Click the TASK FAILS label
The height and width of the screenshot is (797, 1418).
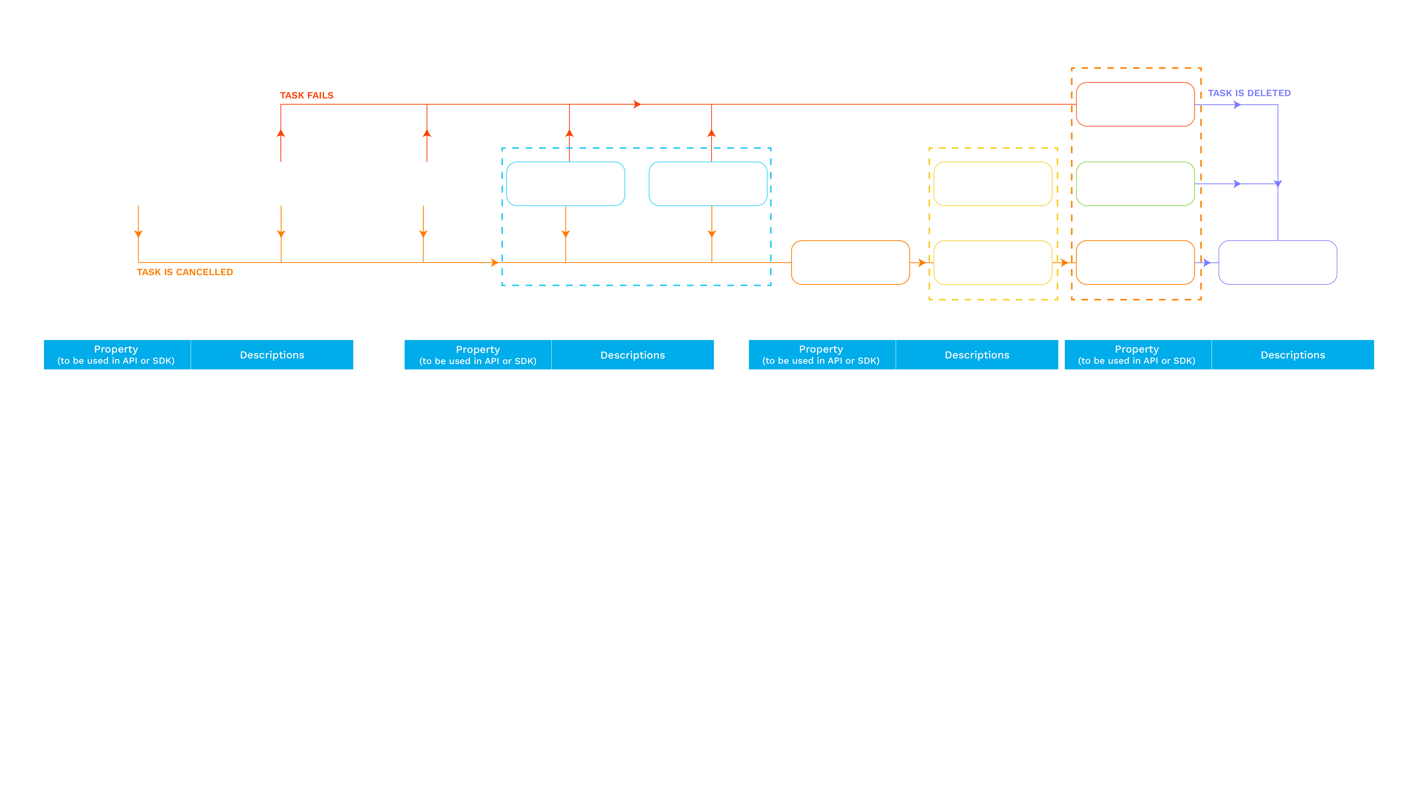point(307,95)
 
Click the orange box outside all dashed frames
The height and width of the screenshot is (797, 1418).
point(850,262)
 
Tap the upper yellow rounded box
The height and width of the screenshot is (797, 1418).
point(992,184)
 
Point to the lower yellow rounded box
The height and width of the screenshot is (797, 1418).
point(992,262)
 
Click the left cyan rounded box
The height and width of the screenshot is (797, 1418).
point(565,184)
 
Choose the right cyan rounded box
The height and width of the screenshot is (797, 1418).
point(708,184)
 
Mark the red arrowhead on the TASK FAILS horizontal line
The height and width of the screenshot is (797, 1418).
point(637,104)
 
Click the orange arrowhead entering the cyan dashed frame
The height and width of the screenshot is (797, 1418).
point(494,262)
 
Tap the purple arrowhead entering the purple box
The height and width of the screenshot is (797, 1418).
point(1207,262)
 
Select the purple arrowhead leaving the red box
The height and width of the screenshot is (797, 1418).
point(1237,104)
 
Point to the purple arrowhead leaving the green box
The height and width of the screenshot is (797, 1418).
point(1237,184)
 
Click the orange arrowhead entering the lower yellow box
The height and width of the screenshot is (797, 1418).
point(921,262)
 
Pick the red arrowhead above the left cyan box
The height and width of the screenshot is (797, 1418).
point(569,133)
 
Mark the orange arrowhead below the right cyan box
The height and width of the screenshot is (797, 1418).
point(712,234)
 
